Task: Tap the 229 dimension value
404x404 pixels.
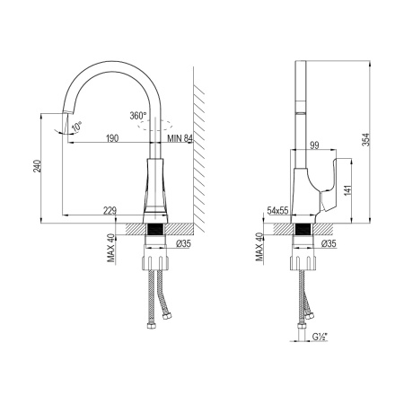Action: [x=110, y=211]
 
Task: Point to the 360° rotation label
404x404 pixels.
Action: [x=137, y=116]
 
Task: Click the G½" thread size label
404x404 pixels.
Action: [x=318, y=338]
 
